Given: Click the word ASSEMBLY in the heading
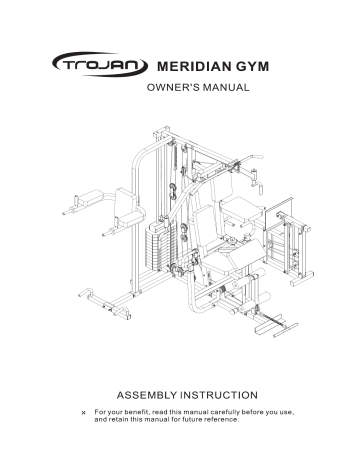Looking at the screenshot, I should (151, 395).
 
